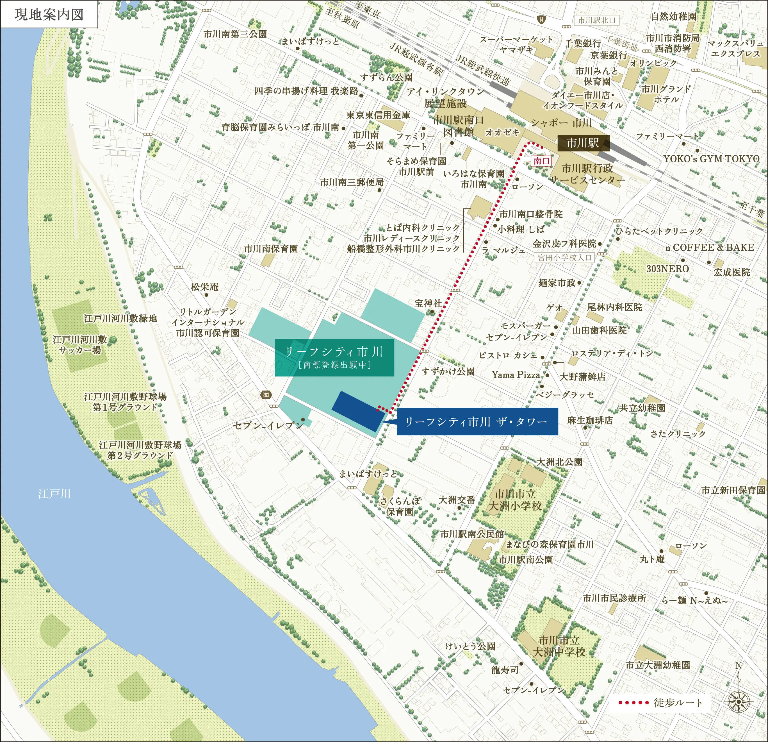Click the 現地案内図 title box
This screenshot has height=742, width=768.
click(49, 15)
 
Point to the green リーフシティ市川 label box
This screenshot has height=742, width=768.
click(334, 357)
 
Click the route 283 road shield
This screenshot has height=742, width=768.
click(266, 395)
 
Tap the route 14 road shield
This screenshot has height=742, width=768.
click(541, 20)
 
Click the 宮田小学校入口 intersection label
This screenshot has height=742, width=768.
click(564, 258)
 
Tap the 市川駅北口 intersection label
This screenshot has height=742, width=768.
click(596, 20)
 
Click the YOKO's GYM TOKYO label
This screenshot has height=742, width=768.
click(711, 159)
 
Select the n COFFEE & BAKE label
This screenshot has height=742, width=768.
click(710, 248)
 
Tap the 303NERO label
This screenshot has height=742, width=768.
click(667, 269)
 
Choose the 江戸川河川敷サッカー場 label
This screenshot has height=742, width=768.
click(80, 344)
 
